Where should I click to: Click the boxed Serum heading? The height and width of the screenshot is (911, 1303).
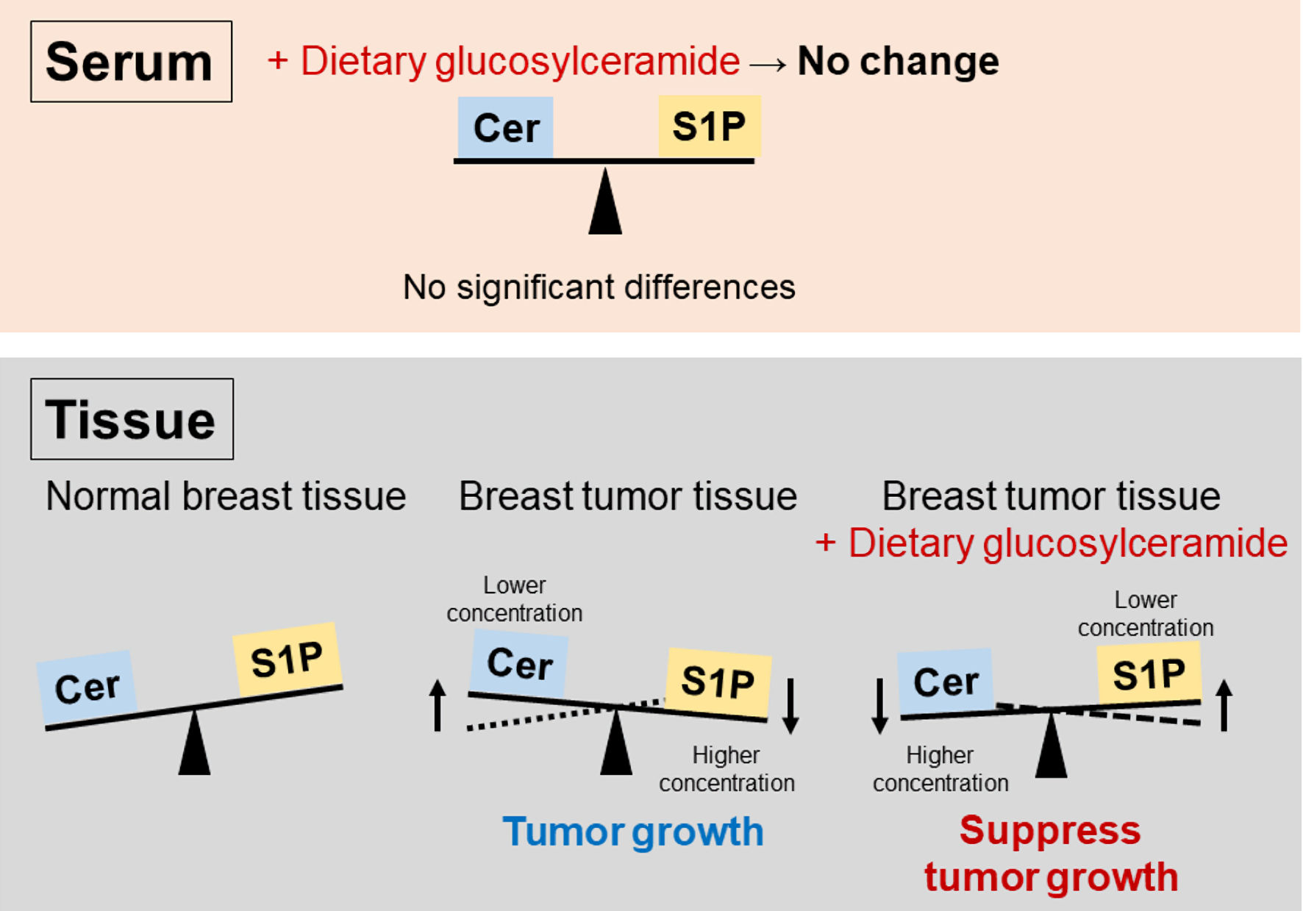point(131,62)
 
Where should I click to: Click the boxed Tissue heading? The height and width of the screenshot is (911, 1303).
point(132,419)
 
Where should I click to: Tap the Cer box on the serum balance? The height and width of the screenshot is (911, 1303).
point(506,128)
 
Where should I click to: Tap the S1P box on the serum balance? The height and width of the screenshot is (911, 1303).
point(709,126)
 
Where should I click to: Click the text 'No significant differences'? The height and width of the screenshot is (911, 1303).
point(599,287)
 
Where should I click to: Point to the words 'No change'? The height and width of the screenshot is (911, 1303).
point(898,61)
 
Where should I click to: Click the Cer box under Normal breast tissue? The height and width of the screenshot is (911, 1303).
point(88,687)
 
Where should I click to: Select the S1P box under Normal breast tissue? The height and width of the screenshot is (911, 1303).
point(287,659)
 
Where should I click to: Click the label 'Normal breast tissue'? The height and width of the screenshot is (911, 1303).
point(226,496)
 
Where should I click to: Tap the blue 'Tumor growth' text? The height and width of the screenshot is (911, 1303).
point(633,832)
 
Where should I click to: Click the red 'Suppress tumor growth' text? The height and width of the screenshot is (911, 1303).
point(1051,854)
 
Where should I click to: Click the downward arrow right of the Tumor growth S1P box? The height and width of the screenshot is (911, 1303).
point(790,706)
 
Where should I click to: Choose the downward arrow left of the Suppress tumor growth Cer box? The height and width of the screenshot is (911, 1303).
point(879,706)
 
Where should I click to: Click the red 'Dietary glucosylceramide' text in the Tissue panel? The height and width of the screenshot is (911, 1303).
point(1052,543)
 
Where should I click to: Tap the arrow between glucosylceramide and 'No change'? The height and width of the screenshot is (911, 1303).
point(768,65)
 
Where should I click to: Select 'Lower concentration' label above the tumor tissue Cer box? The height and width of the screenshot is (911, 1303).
point(515,599)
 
